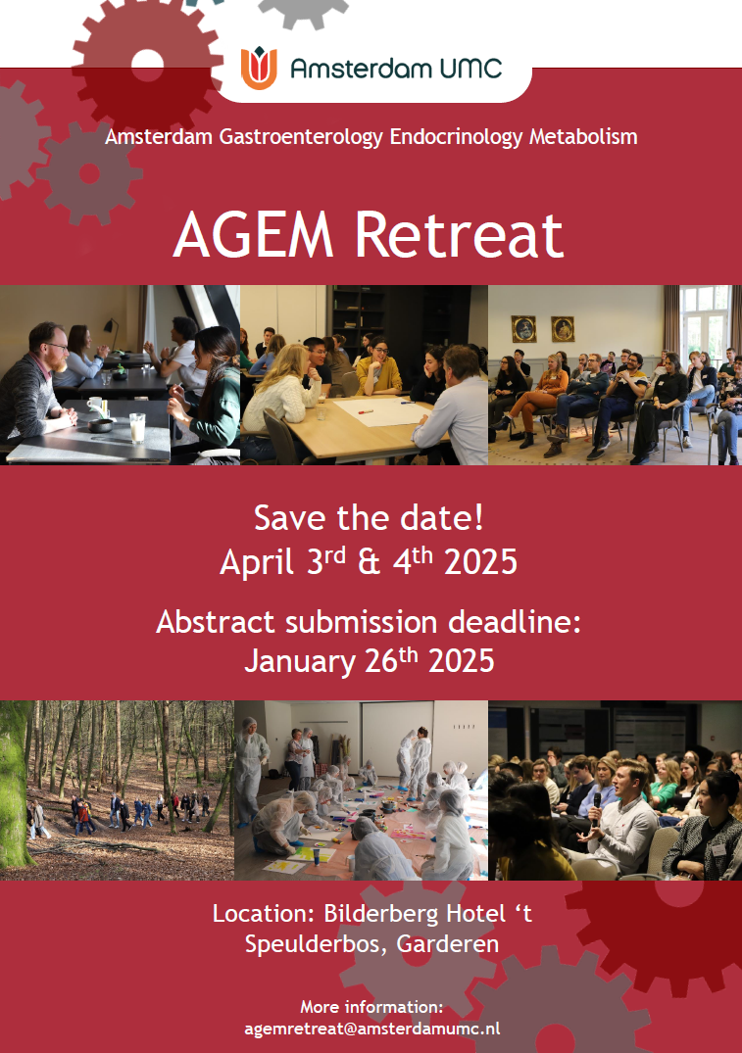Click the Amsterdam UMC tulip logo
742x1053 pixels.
[259, 68]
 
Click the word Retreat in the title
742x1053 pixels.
[459, 235]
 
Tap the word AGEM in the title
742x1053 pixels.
[254, 235]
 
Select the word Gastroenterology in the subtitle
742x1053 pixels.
[301, 137]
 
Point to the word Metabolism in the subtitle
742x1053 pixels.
[583, 137]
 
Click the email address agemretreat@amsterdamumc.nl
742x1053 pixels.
[371, 1029]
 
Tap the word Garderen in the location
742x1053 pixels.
[448, 944]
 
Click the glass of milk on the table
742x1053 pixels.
[137, 428]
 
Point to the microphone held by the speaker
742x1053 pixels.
[596, 808]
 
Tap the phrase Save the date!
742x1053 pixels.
[369, 518]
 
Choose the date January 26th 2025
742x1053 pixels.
[369, 661]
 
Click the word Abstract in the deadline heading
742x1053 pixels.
[215, 622]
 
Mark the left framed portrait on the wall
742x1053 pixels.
[523, 329]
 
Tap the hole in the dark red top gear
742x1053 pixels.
[147, 66]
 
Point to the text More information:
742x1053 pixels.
[371, 1007]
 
